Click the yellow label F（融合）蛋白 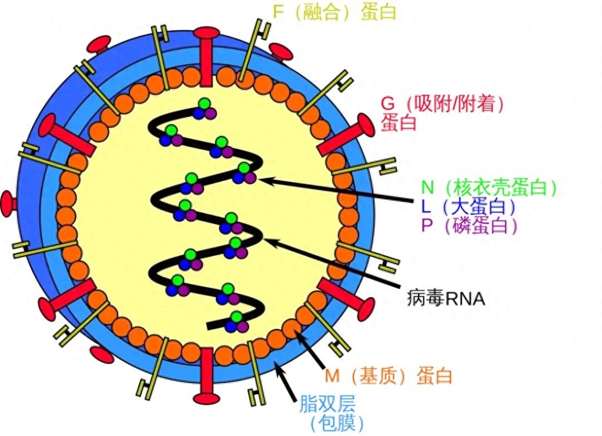(335, 12)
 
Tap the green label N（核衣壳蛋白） (489, 188)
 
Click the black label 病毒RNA (445, 298)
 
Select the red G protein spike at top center (206, 56)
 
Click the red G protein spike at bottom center (206, 377)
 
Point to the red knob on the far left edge (8, 203)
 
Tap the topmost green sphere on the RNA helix (204, 105)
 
